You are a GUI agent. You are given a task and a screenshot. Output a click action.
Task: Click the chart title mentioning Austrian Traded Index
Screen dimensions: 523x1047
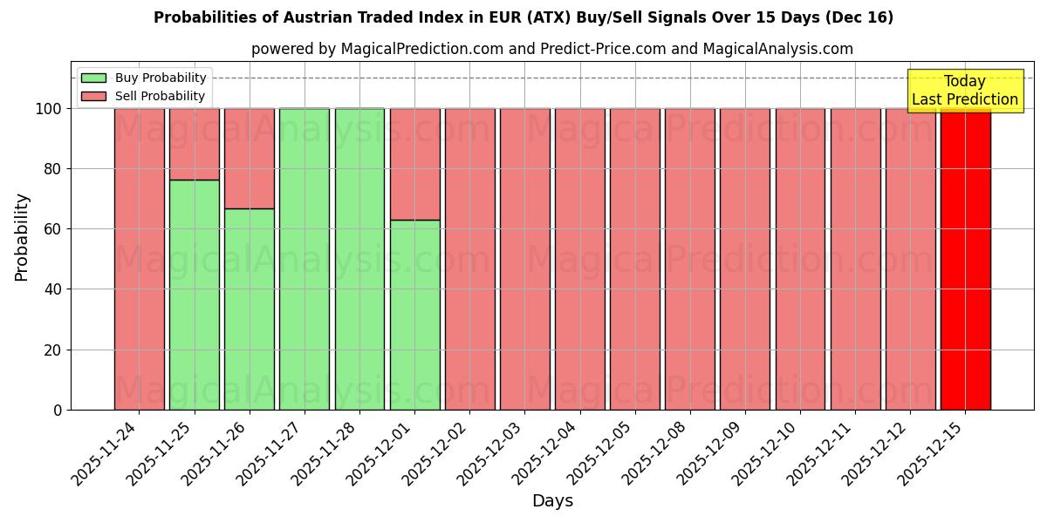pyautogui.click(x=523, y=17)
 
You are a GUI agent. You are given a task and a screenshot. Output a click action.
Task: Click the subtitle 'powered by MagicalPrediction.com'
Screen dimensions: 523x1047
pyautogui.click(x=551, y=49)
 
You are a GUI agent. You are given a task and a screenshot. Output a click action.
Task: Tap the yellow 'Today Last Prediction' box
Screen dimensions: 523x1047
pyautogui.click(x=964, y=91)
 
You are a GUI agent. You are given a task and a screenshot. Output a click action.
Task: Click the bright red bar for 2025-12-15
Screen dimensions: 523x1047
pyautogui.click(x=965, y=261)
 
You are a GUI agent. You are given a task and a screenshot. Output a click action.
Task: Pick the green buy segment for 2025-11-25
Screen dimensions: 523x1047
pyautogui.click(x=194, y=296)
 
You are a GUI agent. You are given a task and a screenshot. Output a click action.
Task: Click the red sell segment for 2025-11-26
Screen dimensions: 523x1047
pyautogui.click(x=249, y=158)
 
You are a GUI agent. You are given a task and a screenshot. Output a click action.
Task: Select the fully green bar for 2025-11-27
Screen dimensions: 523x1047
pyautogui.click(x=305, y=261)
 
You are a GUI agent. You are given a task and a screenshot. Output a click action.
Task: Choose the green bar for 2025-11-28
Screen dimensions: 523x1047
pyautogui.click(x=359, y=261)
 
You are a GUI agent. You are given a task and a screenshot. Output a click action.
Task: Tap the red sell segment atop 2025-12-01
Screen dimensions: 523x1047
pyautogui.click(x=414, y=164)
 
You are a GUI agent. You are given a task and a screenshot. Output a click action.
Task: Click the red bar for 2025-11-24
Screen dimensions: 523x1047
pyautogui.click(x=139, y=261)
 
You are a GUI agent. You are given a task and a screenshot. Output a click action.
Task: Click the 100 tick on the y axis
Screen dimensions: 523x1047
pyautogui.click(x=50, y=109)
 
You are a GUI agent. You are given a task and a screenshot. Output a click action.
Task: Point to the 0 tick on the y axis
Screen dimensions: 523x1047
pyautogui.click(x=58, y=410)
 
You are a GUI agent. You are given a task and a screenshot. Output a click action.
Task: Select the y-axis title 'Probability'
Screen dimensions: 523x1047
pyautogui.click(x=22, y=237)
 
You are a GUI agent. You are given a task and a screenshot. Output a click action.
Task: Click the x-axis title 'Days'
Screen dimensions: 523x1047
pyautogui.click(x=552, y=501)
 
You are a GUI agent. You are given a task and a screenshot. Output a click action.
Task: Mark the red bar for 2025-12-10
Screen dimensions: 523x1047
pyautogui.click(x=800, y=261)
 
